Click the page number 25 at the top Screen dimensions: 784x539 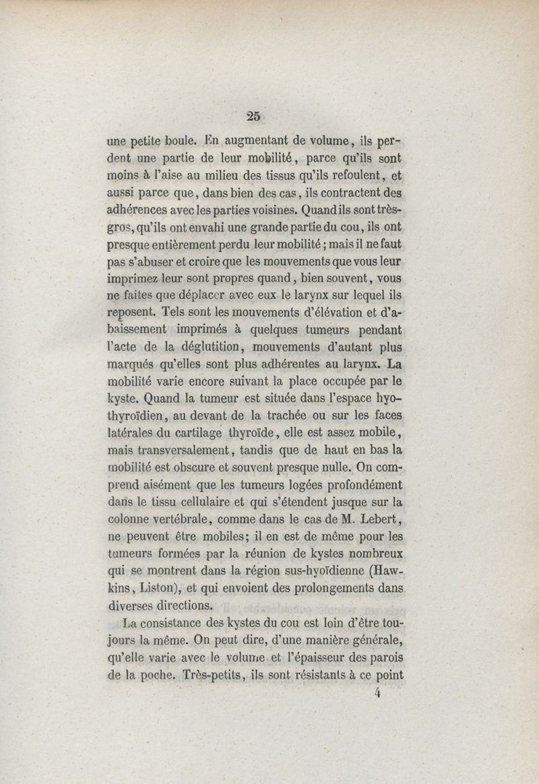[253, 115]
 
